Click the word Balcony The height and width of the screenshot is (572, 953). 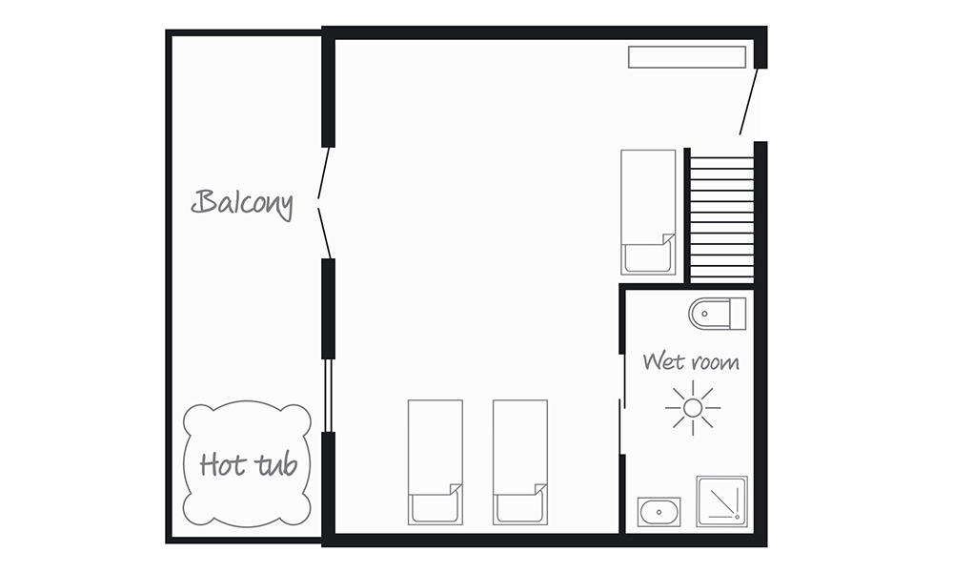tap(242, 203)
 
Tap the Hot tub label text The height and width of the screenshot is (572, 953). tap(249, 465)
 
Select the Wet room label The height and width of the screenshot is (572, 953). tap(691, 361)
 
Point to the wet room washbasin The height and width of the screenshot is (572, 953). tap(659, 512)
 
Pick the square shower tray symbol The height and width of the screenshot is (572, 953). tap(721, 501)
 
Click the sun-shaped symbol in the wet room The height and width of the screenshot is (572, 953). tap(693, 408)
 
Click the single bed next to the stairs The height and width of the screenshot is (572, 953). tap(648, 213)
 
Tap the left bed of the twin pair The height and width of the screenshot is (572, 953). tap(436, 462)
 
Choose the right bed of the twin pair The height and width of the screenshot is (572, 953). tap(520, 462)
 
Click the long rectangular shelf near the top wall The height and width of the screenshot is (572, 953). tap(687, 57)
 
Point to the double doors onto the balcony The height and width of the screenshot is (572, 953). tap(324, 203)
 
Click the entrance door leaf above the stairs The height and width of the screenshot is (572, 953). tap(749, 101)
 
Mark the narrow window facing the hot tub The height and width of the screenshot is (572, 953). tap(328, 396)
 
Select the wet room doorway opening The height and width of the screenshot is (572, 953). tap(622, 403)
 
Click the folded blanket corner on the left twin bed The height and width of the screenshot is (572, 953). tap(456, 490)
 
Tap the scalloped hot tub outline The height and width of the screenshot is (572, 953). tap(184, 464)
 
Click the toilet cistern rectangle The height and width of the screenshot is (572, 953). tap(738, 314)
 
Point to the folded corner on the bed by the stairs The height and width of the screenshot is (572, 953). tap(669, 239)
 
